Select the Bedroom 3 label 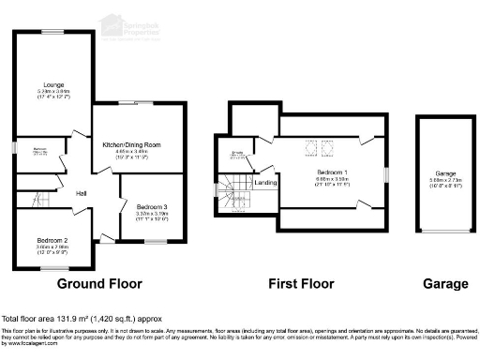coord(152,206)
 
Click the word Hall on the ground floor coord(82,193)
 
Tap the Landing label coord(266,183)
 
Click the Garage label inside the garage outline coord(445,174)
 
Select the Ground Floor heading coord(99,283)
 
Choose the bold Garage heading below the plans coord(444,283)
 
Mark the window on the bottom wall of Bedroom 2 coord(43,269)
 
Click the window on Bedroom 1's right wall coord(385,174)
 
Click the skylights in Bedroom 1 coord(318,147)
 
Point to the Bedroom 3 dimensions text coord(152,216)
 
